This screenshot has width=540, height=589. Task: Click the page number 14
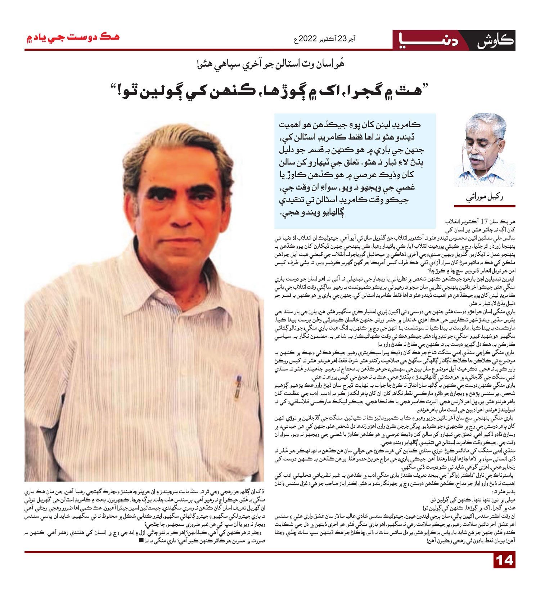point(504,561)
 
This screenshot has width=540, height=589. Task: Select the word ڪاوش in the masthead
point(495,40)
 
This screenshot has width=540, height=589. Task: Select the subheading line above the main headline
point(270,65)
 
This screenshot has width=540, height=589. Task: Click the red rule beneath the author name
point(484,206)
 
